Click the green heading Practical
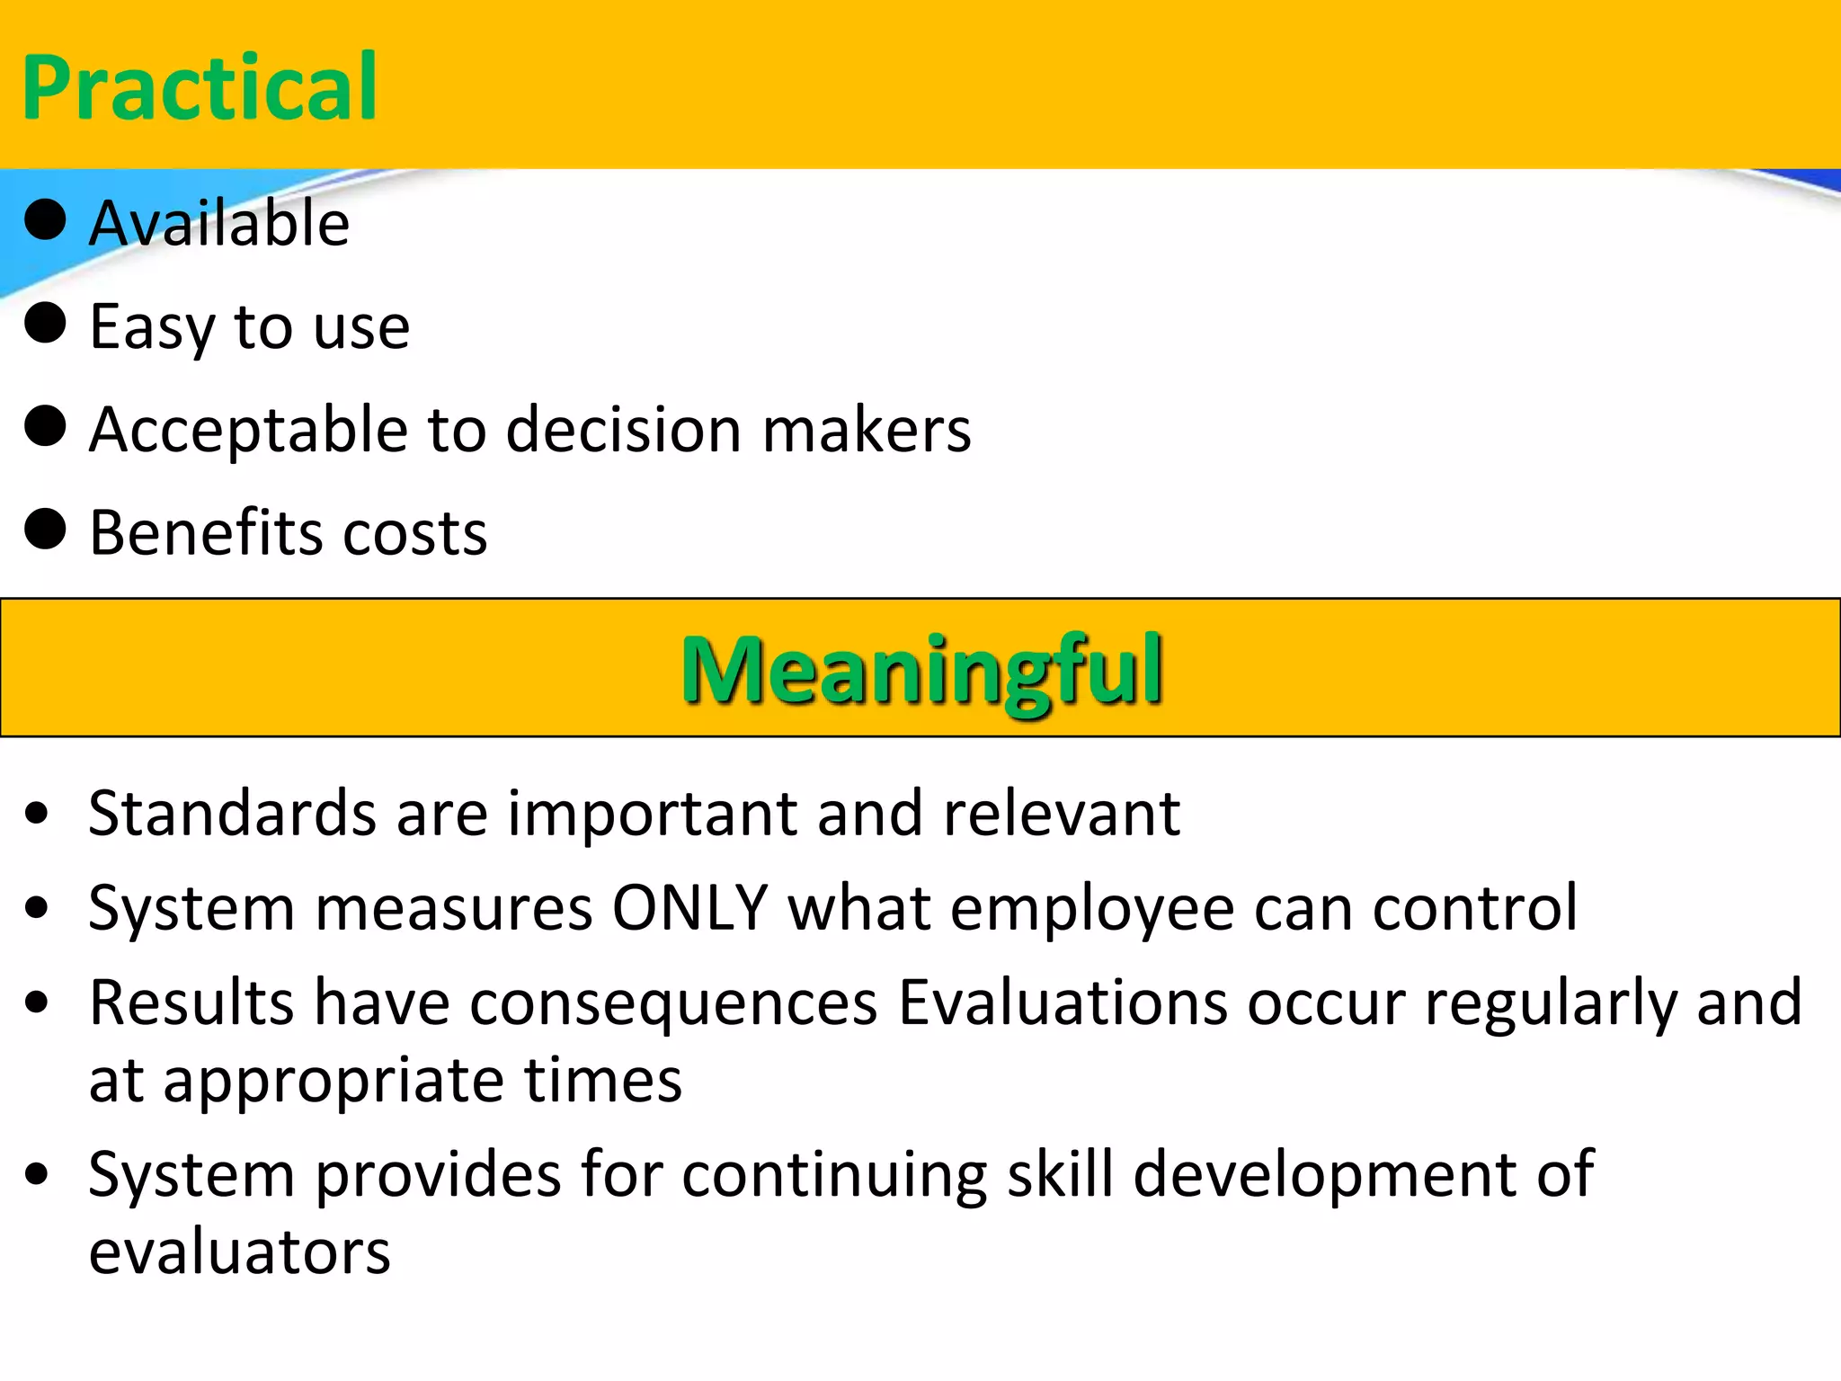[200, 87]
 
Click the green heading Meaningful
[922, 670]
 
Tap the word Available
[219, 223]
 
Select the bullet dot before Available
[45, 219]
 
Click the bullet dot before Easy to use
[45, 323]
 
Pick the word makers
[867, 430]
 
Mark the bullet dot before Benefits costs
[45, 529]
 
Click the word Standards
[232, 813]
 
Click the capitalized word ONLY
[689, 907]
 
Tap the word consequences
[673, 1003]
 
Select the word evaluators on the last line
[239, 1252]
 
